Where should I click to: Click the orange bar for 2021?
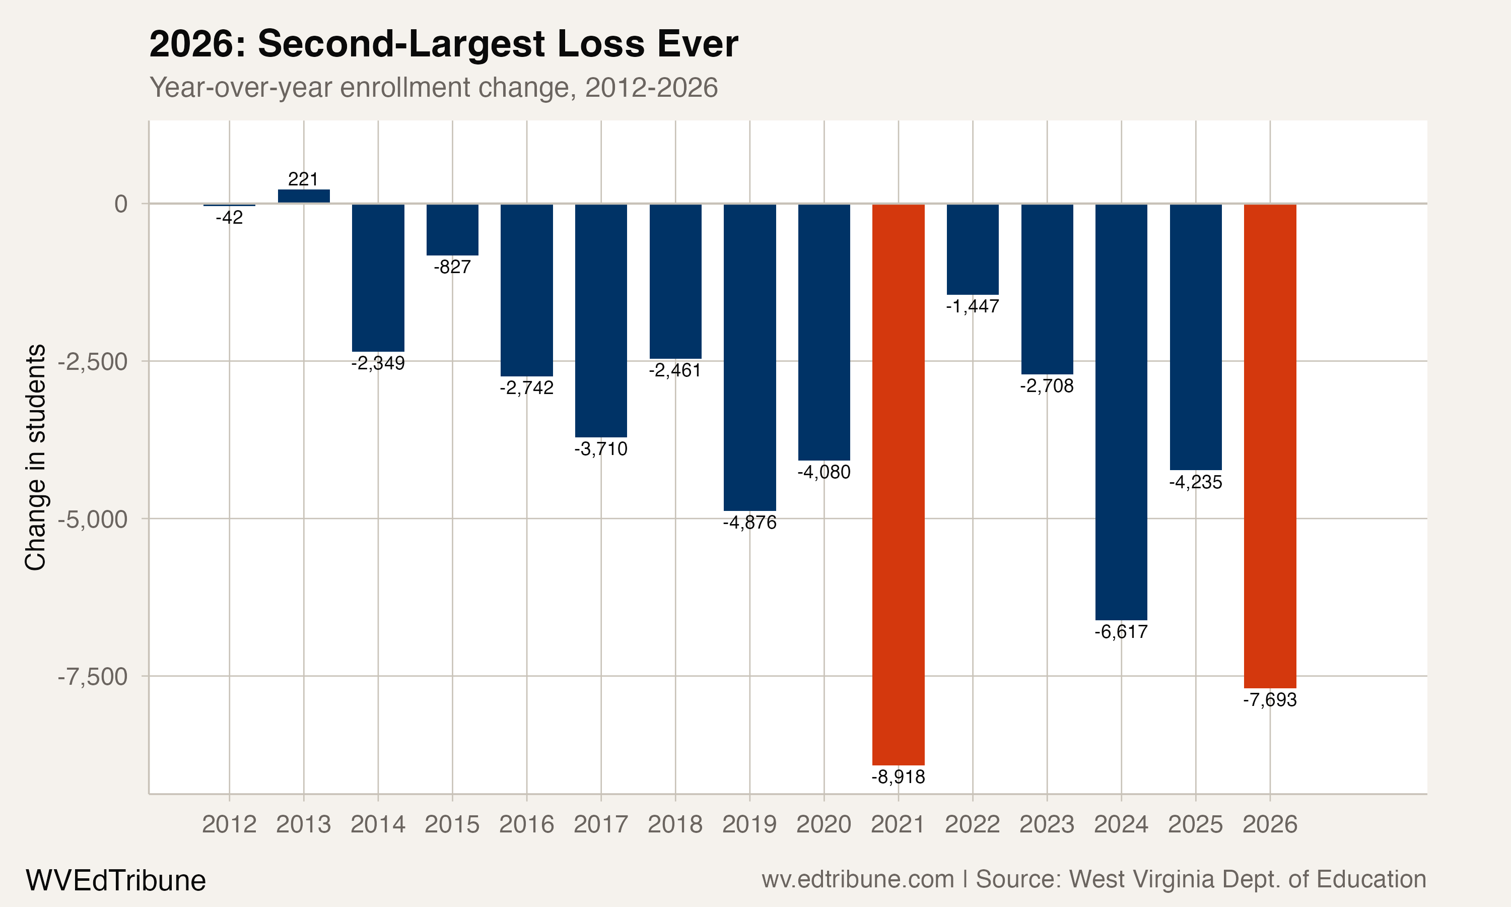coord(898,484)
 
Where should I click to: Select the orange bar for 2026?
coord(1270,446)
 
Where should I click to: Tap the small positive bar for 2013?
coord(304,196)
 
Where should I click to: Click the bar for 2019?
coord(749,357)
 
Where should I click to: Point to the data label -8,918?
coord(898,777)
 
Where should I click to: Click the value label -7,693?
coord(1270,700)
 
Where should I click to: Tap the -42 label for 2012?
coord(229,218)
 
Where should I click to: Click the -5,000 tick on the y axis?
coord(93,520)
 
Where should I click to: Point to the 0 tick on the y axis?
coord(121,204)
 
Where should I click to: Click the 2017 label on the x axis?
coord(600,824)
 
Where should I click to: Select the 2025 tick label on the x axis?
coord(1195,824)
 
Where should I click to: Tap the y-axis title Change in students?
coord(35,457)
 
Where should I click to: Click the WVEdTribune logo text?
coord(115,881)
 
